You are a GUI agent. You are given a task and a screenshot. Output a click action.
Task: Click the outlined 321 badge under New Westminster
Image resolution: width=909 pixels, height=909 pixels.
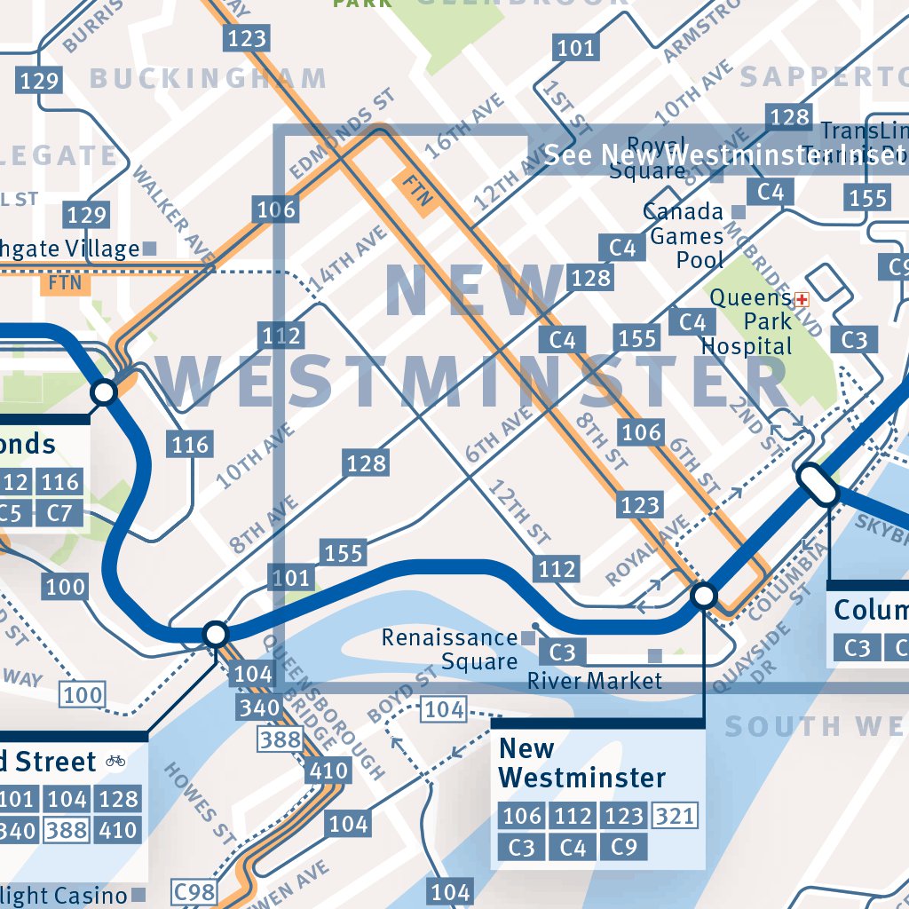(x=675, y=815)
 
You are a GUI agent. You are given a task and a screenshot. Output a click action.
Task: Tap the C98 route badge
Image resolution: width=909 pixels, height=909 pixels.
(x=194, y=892)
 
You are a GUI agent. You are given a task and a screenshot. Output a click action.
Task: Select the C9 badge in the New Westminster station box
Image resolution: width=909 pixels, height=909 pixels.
(x=624, y=847)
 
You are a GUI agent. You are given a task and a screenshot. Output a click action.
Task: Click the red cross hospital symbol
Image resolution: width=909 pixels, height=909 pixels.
(x=802, y=298)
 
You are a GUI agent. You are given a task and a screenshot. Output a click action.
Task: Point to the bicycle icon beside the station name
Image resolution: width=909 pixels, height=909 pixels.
(x=115, y=761)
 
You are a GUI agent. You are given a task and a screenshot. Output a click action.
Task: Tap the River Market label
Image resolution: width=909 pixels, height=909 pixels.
(x=595, y=681)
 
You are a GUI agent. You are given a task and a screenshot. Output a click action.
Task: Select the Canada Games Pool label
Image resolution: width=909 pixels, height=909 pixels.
(x=684, y=235)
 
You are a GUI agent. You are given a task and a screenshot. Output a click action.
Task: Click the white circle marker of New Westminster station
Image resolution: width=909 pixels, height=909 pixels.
(x=704, y=595)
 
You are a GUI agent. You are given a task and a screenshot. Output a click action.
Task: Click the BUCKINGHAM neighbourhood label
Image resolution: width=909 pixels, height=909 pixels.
(x=209, y=79)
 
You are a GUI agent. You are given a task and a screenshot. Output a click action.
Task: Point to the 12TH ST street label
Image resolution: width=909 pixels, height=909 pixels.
(x=519, y=511)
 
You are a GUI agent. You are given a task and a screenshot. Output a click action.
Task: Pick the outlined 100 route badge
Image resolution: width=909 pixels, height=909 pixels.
(x=83, y=694)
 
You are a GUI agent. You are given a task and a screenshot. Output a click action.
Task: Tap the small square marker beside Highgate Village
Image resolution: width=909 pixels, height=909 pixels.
(x=149, y=249)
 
